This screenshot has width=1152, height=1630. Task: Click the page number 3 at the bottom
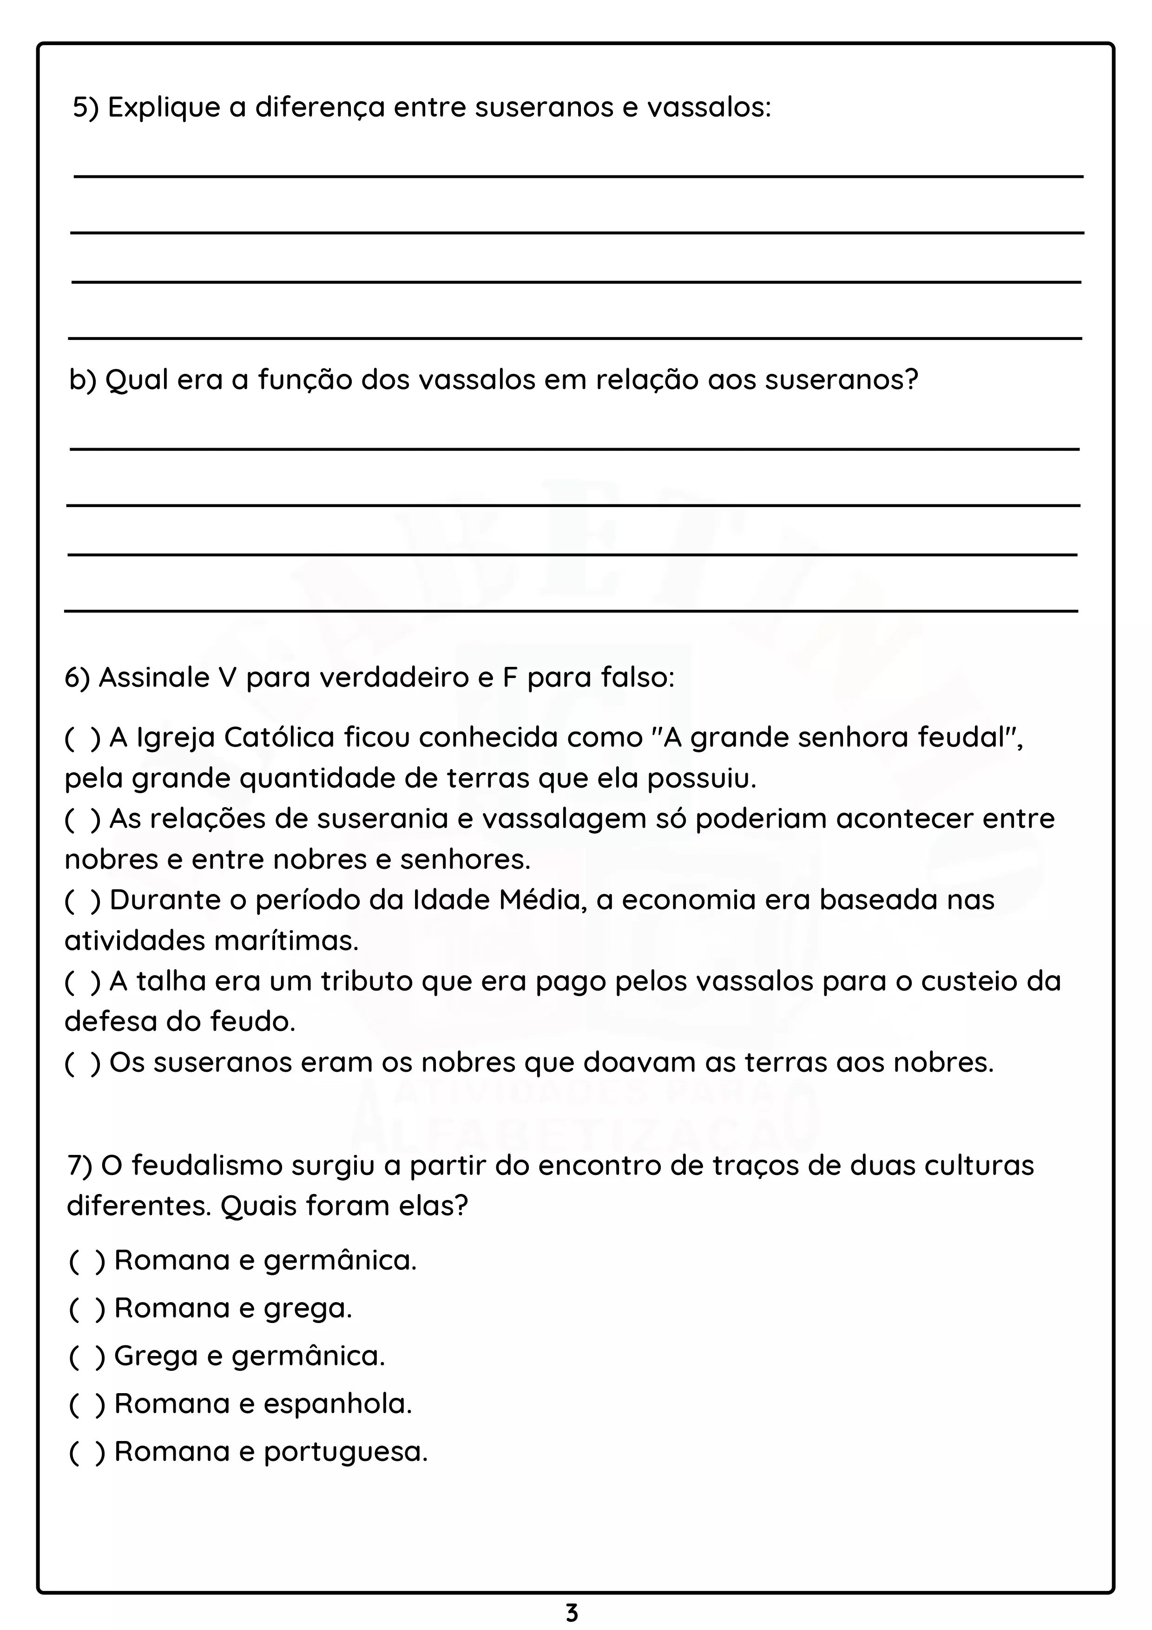click(x=572, y=1612)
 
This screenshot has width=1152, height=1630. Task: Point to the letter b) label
click(x=82, y=380)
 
